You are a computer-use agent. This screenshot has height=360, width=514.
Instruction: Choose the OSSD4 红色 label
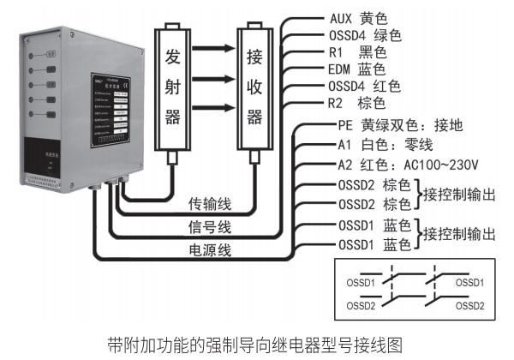[365, 86]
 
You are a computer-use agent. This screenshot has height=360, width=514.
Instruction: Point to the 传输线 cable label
[209, 206]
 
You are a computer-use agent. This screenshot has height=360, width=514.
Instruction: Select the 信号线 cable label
[209, 227]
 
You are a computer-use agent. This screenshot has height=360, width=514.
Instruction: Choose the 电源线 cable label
[209, 249]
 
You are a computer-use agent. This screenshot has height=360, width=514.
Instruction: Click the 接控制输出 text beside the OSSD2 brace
[459, 195]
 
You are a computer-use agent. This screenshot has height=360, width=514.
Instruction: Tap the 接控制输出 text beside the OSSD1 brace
[459, 235]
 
